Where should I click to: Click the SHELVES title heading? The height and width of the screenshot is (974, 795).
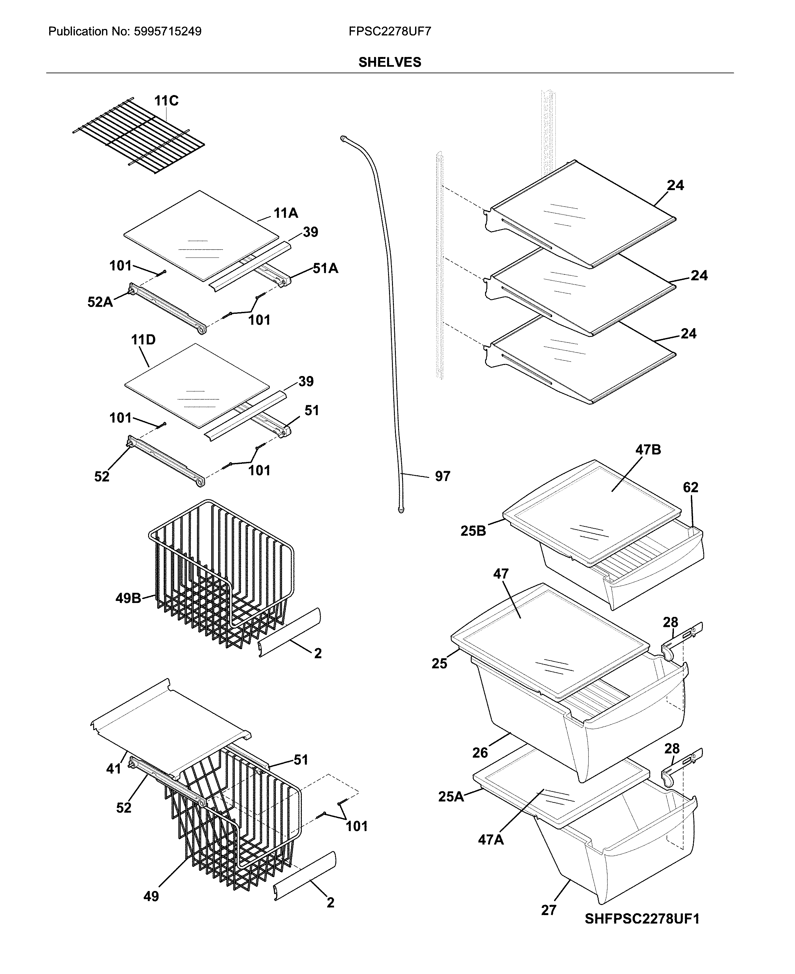pyautogui.click(x=389, y=62)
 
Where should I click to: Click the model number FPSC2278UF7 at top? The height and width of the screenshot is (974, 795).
pyautogui.click(x=389, y=32)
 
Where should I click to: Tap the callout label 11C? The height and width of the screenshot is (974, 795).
pyautogui.click(x=166, y=101)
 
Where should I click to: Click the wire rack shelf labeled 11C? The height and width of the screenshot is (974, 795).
pyautogui.click(x=137, y=137)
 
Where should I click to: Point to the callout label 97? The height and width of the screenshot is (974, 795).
pyautogui.click(x=442, y=477)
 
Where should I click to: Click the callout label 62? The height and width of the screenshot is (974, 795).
pyautogui.click(x=690, y=487)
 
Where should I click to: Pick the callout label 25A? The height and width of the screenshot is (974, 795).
pyautogui.click(x=451, y=797)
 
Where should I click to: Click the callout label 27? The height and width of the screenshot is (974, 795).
pyautogui.click(x=549, y=910)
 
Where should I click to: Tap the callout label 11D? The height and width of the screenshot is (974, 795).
pyautogui.click(x=143, y=340)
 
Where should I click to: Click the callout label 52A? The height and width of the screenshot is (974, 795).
pyautogui.click(x=100, y=302)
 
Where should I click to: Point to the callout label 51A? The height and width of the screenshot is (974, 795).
pyautogui.click(x=326, y=268)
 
